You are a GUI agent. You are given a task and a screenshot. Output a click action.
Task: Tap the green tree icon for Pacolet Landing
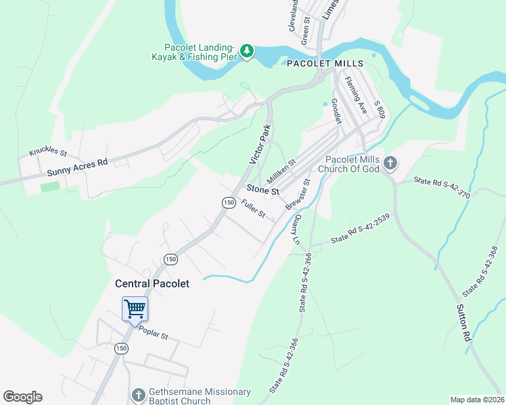247,51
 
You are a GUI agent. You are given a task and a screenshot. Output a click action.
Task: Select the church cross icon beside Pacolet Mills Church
390,163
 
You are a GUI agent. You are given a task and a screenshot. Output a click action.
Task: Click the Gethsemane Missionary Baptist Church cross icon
138,395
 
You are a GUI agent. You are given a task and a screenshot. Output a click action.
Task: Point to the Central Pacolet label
152,283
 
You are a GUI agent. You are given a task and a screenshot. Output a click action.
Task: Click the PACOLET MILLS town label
325,63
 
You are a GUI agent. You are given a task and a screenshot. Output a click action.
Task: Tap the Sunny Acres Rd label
78,168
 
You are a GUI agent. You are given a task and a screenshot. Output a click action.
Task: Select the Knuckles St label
48,153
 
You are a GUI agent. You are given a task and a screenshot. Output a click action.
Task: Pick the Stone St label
262,190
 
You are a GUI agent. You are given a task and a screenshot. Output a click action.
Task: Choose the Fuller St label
253,211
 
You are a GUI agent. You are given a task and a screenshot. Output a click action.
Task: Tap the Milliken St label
281,171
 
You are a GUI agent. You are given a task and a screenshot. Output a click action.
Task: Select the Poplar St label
153,333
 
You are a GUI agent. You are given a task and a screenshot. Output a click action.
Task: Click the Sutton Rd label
464,322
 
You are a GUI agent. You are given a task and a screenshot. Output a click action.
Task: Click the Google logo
22,397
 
